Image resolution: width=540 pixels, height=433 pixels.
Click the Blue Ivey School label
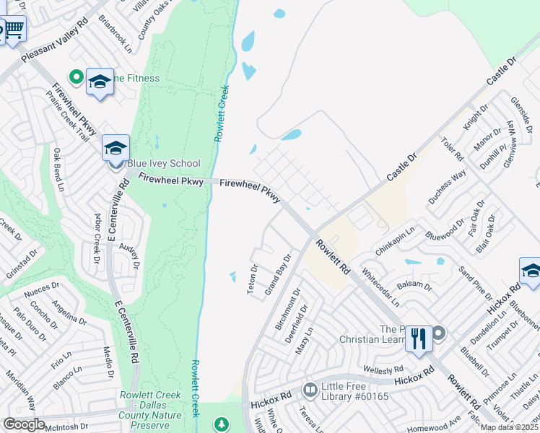click(x=164, y=163)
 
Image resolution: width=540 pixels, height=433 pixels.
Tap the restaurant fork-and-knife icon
click(x=419, y=338)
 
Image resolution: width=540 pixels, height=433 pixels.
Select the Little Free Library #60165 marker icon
click(x=310, y=390)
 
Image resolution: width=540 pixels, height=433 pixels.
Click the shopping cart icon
click(x=14, y=30)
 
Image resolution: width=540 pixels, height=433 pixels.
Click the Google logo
click(x=24, y=424)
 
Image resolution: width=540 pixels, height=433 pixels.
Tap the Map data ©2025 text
click(x=510, y=427)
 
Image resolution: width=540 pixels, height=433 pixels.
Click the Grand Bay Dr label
click(x=277, y=274)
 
